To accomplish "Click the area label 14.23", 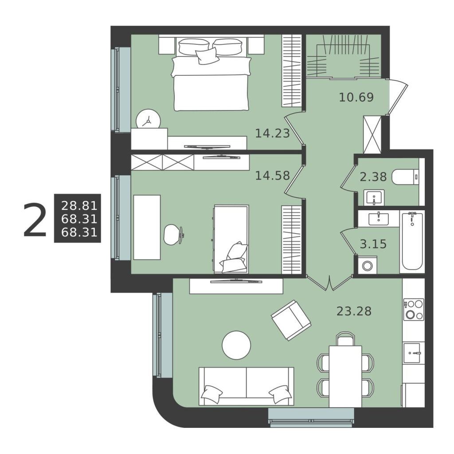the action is coord(273,133).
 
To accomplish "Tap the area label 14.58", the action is coord(273,176).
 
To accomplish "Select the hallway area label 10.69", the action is coord(356,97).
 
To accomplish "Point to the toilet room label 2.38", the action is coord(373,176).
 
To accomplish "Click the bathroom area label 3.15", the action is coord(373,244).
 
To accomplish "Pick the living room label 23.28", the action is coord(354,311).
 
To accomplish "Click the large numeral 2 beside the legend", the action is coord(35,220).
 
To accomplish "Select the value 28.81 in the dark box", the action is coord(79,206).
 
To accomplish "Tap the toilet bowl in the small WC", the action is coord(405,177).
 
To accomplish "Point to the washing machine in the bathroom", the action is coord(368,265).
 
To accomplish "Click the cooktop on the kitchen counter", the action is coord(414,309).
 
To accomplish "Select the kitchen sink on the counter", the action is coord(412,352).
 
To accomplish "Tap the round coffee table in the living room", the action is coord(236,345).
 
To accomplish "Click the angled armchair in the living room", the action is coord(291,320).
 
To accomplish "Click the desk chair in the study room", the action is coord(174,235).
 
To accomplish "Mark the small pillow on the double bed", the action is coord(207,55).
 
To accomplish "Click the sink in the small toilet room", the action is coord(374,197).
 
